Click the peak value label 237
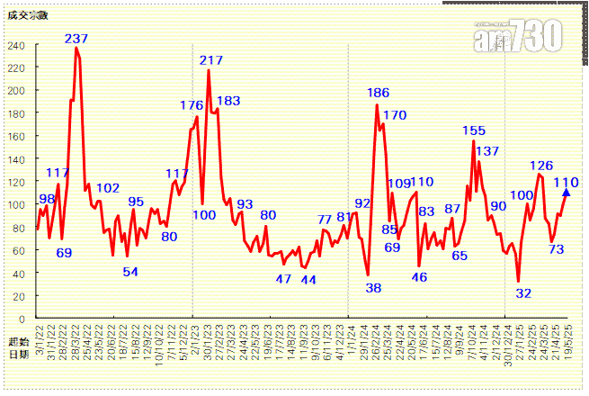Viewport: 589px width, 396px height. pyautogui.click(x=76, y=39)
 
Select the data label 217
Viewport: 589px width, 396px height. pyautogui.click(x=211, y=60)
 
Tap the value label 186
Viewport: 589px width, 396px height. pyautogui.click(x=378, y=93)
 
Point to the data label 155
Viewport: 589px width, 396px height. pyautogui.click(x=474, y=131)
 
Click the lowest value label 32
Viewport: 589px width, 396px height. pyautogui.click(x=523, y=293)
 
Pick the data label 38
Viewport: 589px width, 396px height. pyautogui.click(x=373, y=288)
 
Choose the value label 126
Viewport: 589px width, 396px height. pyautogui.click(x=541, y=166)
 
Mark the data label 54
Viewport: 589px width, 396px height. pyautogui.click(x=130, y=272)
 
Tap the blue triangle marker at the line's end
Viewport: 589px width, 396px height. pyautogui.click(x=567, y=192)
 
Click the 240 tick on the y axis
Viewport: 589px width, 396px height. pyautogui.click(x=17, y=45)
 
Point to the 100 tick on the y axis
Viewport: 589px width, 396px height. pyautogui.click(x=17, y=204)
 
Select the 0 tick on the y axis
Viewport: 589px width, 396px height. pyautogui.click(x=22, y=319)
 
